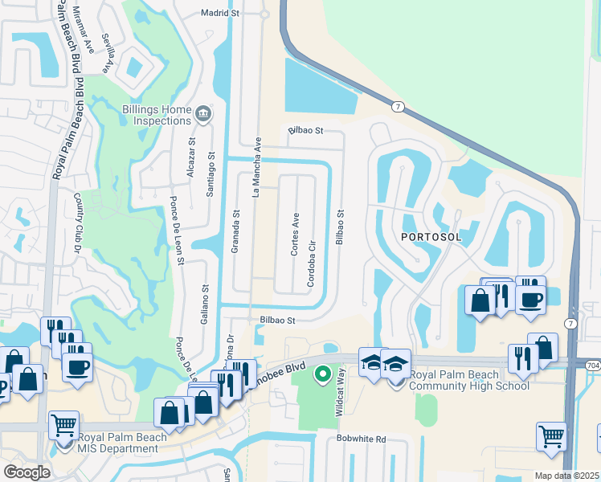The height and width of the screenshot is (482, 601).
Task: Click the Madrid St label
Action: tap(220, 14)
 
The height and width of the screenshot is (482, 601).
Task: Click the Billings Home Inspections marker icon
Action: tap(203, 115)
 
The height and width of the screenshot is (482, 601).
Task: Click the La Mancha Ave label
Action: tap(258, 166)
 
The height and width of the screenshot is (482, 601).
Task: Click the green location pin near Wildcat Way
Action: tap(322, 374)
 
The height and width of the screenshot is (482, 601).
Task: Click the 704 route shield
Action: tap(591, 363)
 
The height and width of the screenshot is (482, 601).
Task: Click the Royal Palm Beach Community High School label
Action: tap(469, 380)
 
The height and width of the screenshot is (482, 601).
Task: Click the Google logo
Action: tap(27, 472)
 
